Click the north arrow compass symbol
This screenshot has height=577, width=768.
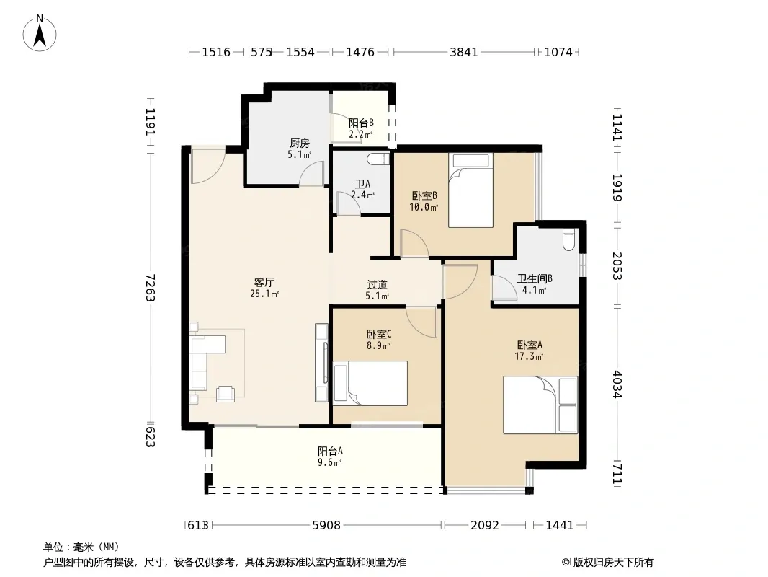point(40,33)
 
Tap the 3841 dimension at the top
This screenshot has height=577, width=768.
point(463,52)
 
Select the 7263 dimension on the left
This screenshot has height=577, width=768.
point(150,288)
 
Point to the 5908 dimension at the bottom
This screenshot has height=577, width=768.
point(326,525)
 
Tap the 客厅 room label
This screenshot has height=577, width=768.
point(264,283)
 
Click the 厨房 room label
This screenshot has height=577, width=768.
point(299,143)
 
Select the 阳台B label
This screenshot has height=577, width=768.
point(361,123)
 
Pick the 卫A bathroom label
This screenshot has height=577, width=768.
point(362,184)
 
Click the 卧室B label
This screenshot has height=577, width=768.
point(424,195)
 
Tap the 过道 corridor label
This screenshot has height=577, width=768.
point(377,284)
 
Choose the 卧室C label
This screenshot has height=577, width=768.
point(379,335)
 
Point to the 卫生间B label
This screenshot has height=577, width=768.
point(535,278)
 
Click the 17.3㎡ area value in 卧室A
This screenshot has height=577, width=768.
point(529,356)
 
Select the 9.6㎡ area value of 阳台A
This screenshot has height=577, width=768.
point(330,462)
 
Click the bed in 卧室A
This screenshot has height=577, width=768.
point(540,405)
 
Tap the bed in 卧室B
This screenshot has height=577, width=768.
point(470,190)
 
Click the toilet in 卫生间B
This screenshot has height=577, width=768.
point(568,239)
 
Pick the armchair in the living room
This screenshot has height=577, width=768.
point(226,394)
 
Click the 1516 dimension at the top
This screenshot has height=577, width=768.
point(216,52)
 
